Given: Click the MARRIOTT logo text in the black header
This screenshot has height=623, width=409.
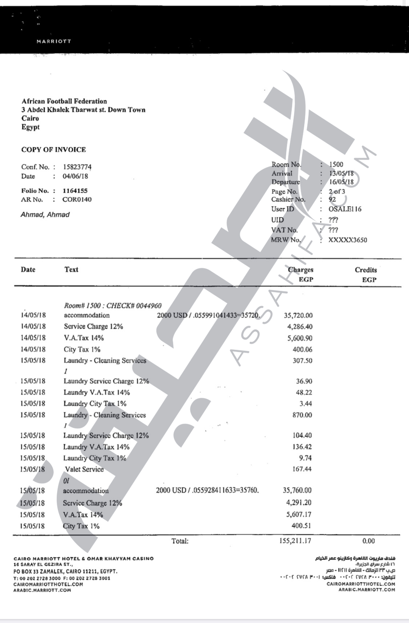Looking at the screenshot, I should coord(54,41).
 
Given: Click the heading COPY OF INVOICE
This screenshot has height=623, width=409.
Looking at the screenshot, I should coord(54,149).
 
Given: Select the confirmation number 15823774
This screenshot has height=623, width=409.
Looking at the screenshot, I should coord(77,167).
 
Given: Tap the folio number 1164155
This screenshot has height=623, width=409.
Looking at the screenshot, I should coord(75,190).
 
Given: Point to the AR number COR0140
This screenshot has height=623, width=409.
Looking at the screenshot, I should coord(77,200).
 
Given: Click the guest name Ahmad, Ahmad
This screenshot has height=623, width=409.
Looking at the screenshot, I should coord(45,215).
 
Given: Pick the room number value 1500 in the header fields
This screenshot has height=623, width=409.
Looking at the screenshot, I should coord(336,164).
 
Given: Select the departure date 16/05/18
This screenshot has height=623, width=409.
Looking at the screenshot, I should coord(341,182).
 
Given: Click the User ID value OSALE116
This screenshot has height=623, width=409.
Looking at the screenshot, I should coord(345,209).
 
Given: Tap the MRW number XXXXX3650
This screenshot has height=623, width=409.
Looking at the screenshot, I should coord(348,240).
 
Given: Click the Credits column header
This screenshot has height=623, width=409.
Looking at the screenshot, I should coord(366,270).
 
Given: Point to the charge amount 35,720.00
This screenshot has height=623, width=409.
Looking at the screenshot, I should coord(298,315).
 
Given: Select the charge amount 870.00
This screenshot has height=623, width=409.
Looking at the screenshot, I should coord(302,415).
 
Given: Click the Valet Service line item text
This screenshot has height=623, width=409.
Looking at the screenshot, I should coord(84,469).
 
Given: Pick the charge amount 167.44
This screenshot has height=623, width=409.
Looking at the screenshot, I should coord(302,469).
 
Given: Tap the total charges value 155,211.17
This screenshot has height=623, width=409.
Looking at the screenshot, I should coord(295,541).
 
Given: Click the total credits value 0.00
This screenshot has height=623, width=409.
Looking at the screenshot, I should coord(368,541).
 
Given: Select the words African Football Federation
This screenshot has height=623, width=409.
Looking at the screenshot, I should coord(64,101).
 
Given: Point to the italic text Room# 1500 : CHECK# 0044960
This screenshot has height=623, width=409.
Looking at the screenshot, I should coord(113,306).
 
